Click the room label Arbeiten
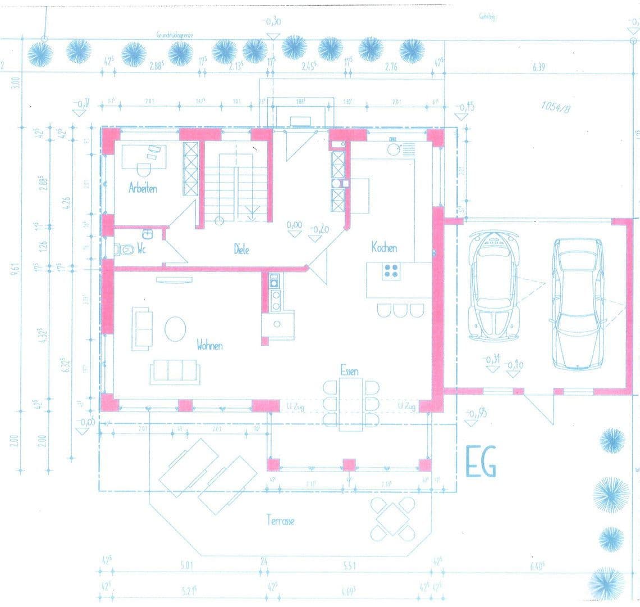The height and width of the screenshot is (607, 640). coord(143,188)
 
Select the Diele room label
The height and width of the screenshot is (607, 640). coord(242,249)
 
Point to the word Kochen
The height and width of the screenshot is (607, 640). coord(384,247)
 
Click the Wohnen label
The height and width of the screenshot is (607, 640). coord(209,345)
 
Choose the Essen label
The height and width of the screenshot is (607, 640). coord(350,370)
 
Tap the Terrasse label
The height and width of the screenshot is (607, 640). coord(280,520)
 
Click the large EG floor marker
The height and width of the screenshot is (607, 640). coord(481,464)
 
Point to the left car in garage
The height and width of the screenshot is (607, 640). coord(495,287)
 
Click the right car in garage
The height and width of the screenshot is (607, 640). coord(579,303)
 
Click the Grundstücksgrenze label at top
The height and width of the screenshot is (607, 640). coord(175,35)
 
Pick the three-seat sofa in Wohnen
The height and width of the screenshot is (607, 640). coord(174,372)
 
